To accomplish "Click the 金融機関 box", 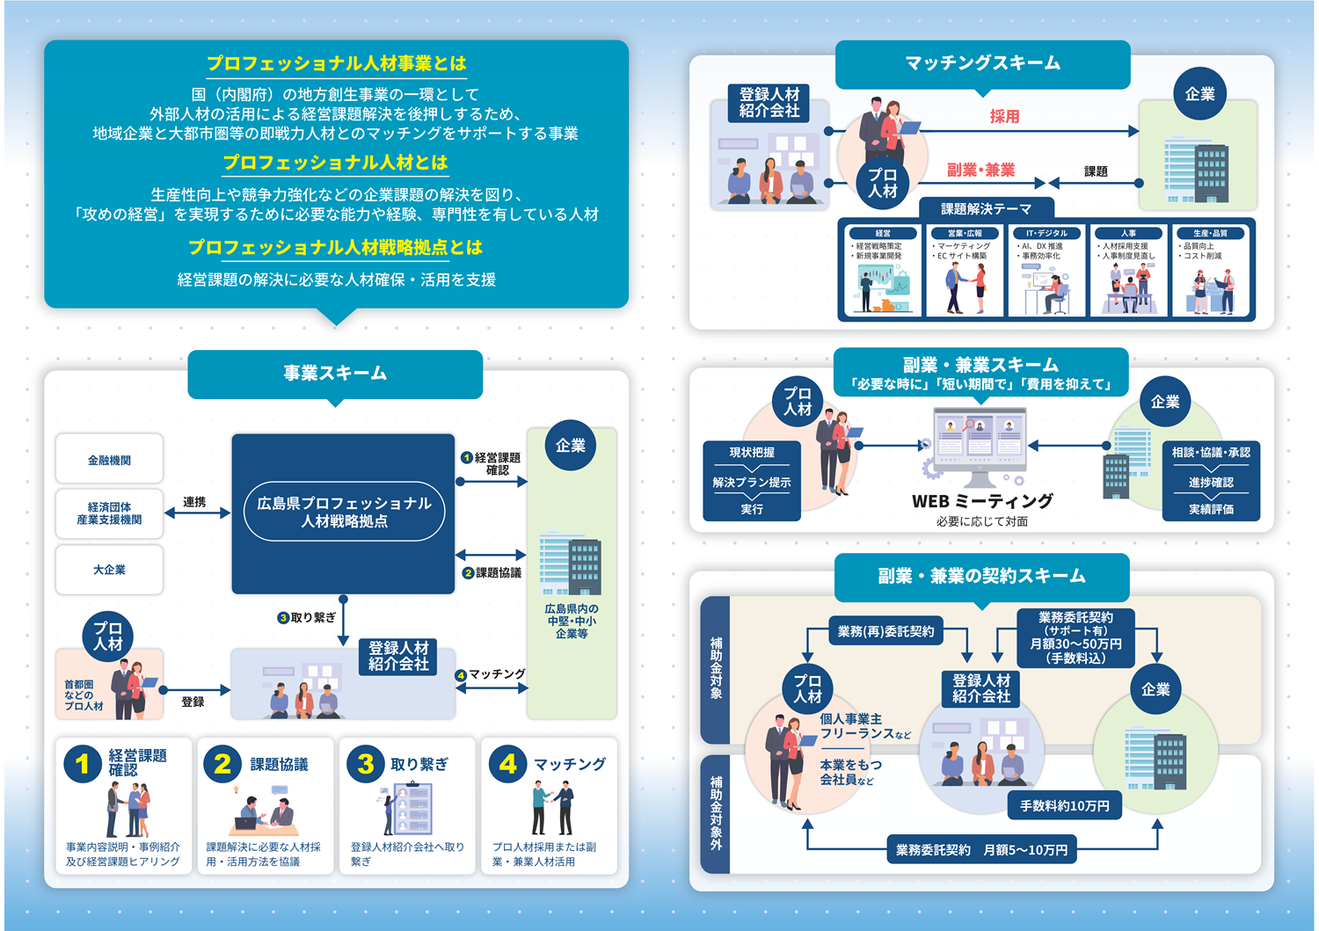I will [109, 460].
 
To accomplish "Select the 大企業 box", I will [109, 570].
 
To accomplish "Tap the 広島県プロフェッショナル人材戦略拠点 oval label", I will [344, 512].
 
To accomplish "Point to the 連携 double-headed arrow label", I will [194, 502].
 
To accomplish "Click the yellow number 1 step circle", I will [83, 763].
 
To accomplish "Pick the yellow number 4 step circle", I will [507, 763].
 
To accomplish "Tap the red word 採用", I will [1004, 116].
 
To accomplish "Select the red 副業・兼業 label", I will [980, 170].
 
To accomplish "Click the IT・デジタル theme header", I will [1046, 233].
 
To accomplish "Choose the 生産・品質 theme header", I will [1211, 233].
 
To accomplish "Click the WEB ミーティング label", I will [982, 501].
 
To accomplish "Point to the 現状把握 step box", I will [752, 453].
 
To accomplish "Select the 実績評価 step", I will [1211, 509].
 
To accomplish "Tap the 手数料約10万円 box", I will [1064, 805].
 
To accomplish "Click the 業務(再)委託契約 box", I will [885, 631].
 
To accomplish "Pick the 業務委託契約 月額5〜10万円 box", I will [981, 850].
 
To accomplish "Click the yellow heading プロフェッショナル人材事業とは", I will [336, 63].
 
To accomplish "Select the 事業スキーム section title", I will [335, 374].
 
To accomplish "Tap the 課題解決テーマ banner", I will [986, 208].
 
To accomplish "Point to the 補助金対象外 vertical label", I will [716, 813].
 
